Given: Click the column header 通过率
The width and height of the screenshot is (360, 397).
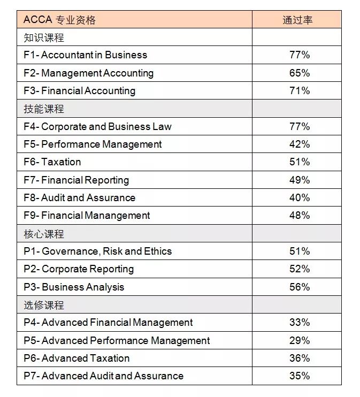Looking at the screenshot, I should click(x=297, y=20).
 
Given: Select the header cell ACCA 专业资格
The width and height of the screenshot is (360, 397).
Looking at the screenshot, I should click(x=59, y=20).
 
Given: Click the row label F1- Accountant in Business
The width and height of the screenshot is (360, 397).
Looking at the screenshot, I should click(x=85, y=55).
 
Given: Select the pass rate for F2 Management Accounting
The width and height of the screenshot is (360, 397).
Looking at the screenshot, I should click(x=299, y=73).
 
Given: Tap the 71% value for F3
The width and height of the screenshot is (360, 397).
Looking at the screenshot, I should click(x=299, y=90).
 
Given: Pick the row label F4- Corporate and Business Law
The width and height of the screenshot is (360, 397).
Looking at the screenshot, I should click(x=97, y=126).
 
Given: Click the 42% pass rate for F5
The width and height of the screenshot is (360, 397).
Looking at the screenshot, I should click(x=299, y=144).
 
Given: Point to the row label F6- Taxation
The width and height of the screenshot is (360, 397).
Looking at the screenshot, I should click(x=52, y=162).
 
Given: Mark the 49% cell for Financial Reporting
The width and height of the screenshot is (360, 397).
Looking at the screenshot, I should click(x=299, y=180).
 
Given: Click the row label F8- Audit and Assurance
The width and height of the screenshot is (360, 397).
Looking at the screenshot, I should click(x=79, y=197).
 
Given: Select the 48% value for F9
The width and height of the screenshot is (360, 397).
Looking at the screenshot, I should click(x=299, y=216).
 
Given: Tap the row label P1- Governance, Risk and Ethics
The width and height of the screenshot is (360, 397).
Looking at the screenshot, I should click(x=97, y=251).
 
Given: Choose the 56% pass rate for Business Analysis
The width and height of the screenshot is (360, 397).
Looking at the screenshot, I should click(x=299, y=287).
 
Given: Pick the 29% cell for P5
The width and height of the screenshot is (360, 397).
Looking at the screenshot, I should click(x=299, y=340).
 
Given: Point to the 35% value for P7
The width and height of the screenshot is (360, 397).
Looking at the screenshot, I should click(x=299, y=376).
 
